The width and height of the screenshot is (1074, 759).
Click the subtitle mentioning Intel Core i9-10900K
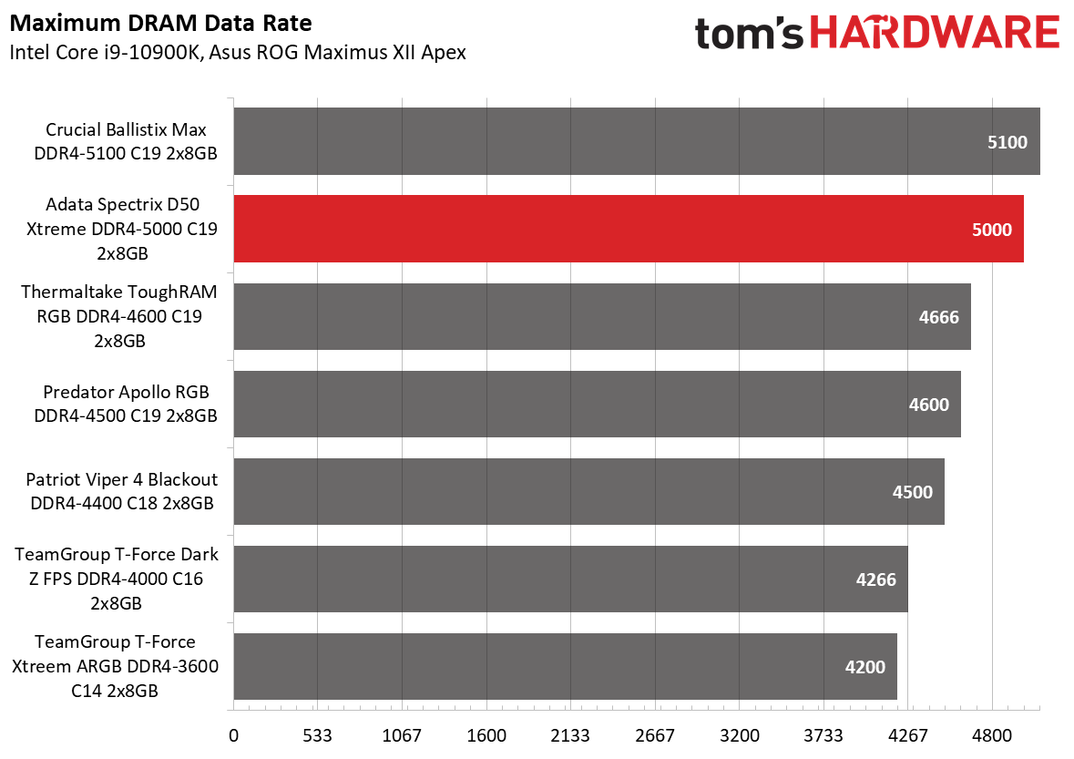[x=237, y=52]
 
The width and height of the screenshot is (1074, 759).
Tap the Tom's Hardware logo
[x=876, y=34]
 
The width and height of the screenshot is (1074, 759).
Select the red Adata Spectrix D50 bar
[x=629, y=229]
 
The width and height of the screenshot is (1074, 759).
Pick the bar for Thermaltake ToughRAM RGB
[x=602, y=316]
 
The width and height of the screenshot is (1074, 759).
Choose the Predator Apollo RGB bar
[x=597, y=404]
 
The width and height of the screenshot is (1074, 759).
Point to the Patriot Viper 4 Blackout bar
[x=588, y=491]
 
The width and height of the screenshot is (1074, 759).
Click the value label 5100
[x=1007, y=142]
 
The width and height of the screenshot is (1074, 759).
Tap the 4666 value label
[x=939, y=317]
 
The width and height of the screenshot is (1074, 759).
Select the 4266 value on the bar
[x=875, y=580]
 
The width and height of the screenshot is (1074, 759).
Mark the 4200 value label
[x=864, y=667]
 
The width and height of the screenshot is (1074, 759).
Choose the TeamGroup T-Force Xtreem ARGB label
[x=115, y=666]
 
